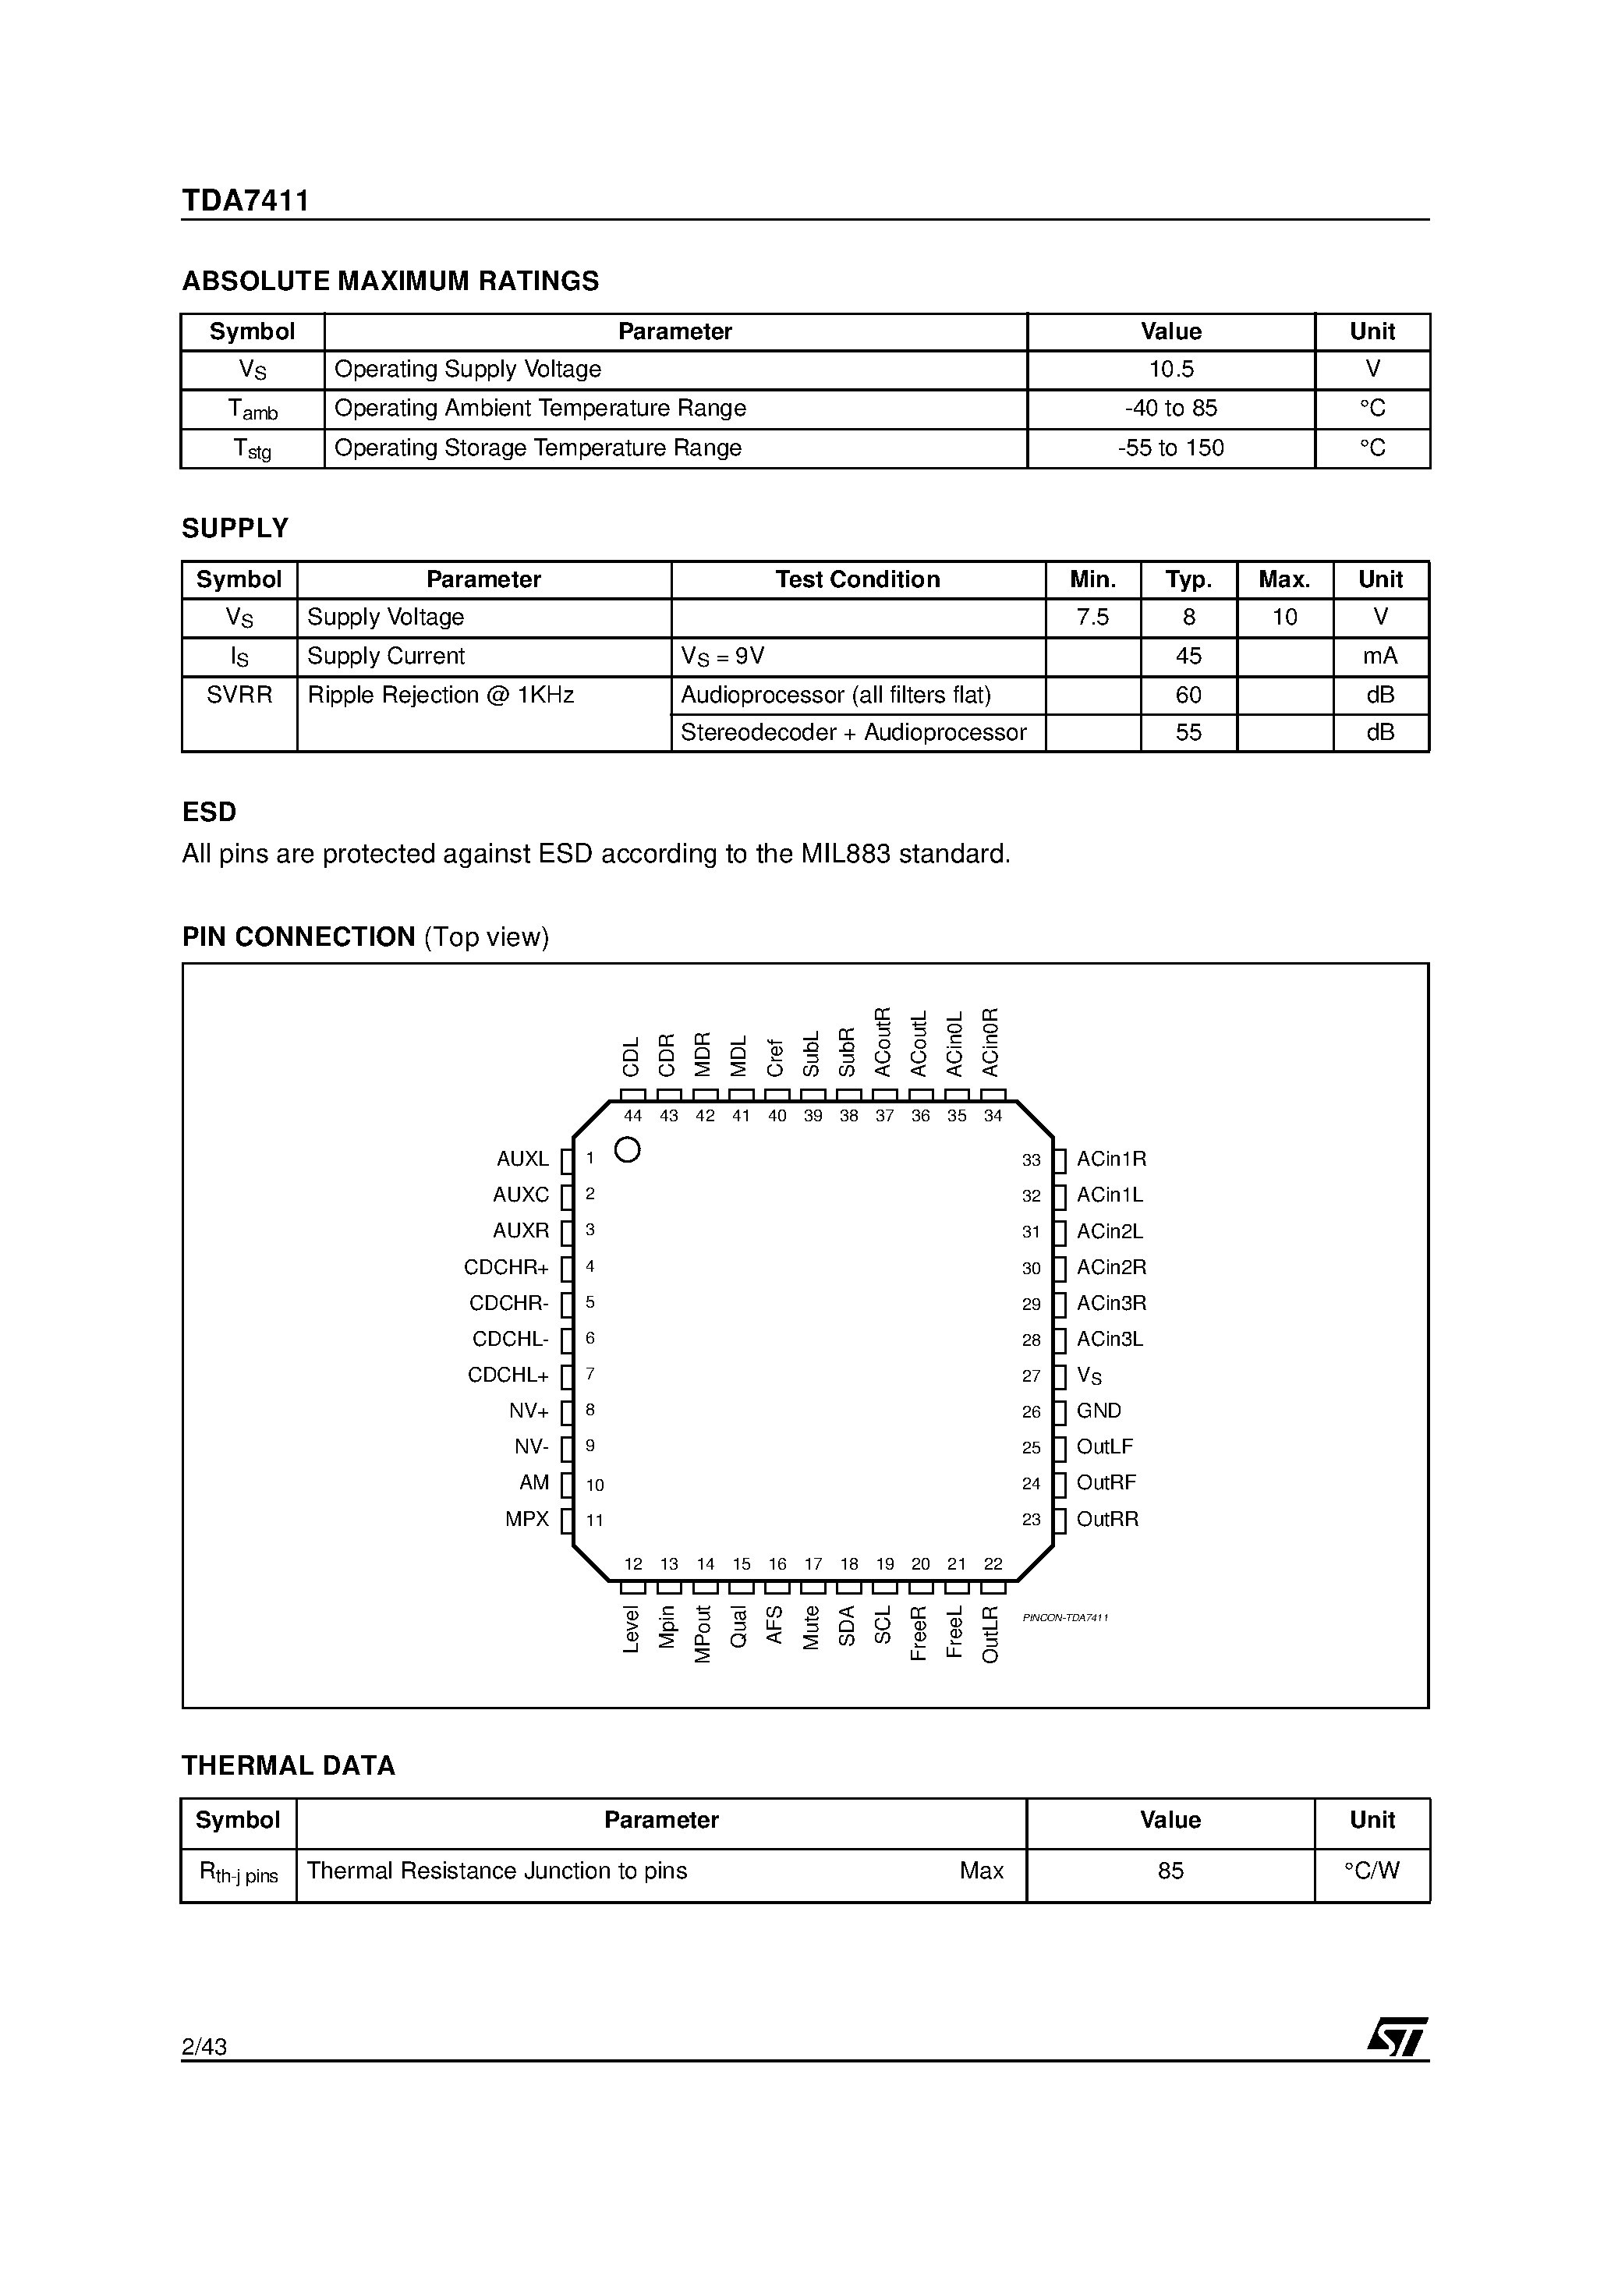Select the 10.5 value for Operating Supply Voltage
click(x=1171, y=370)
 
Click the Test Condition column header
click(x=857, y=580)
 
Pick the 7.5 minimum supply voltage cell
click(x=1092, y=618)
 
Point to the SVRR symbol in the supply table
click(x=239, y=695)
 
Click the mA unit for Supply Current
click(x=1379, y=657)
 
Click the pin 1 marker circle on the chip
click(x=628, y=1150)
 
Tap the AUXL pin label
click(x=522, y=1159)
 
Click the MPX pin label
click(x=526, y=1519)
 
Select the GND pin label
click(x=1099, y=1411)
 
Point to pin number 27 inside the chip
click(x=1031, y=1376)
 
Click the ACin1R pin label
click(x=1111, y=1159)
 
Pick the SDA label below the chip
click(x=847, y=1626)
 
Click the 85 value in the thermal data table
click(x=1170, y=1871)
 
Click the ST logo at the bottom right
click(x=1397, y=2037)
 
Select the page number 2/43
click(x=204, y=2047)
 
